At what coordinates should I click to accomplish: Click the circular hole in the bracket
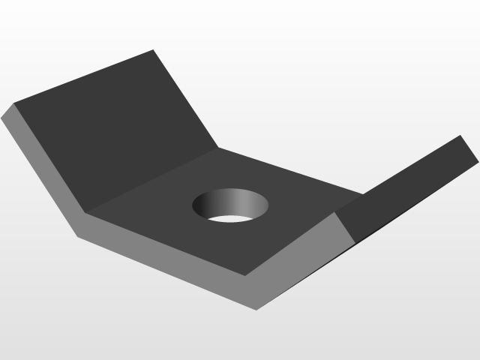click(x=231, y=205)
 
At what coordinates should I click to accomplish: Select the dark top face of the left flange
click(x=112, y=127)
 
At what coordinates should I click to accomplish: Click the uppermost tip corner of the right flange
click(x=460, y=136)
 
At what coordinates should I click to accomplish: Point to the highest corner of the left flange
click(x=153, y=50)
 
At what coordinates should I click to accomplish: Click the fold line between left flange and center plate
click(x=150, y=180)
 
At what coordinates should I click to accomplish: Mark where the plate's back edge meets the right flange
click(x=364, y=193)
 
